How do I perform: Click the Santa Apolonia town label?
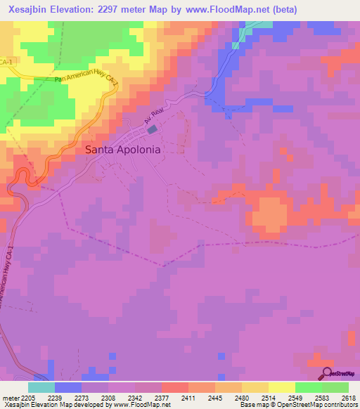coord(122,150)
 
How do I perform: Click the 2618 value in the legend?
coord(349,397)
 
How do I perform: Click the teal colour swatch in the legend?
coord(41,387)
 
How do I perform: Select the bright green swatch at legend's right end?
coord(335,387)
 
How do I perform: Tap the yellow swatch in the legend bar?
coord(282,387)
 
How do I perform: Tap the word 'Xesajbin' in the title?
coord(29,10)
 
